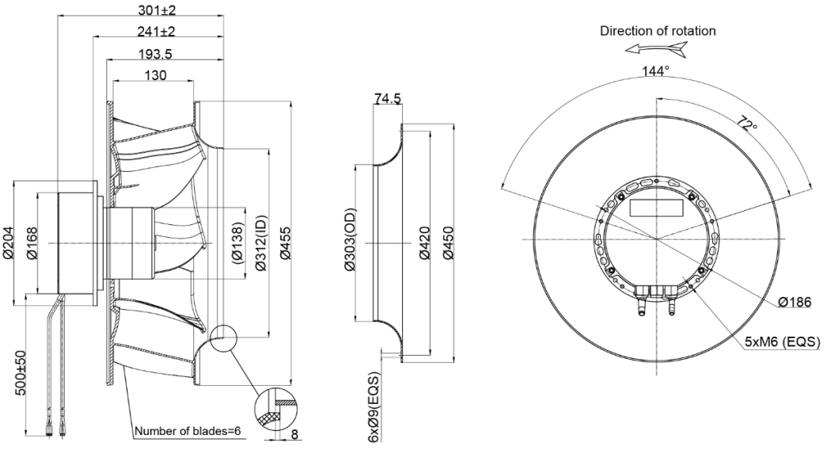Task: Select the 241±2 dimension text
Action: (156, 32)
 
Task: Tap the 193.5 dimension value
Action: (155, 54)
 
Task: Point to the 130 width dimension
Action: (155, 76)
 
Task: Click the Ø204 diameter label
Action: (7, 243)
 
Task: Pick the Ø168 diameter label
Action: (32, 243)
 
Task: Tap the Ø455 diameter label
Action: (285, 243)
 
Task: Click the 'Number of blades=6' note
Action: (188, 431)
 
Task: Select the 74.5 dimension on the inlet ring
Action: (388, 99)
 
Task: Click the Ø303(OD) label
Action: (351, 240)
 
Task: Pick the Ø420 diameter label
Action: (424, 243)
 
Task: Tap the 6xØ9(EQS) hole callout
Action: (374, 407)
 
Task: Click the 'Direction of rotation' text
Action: (658, 31)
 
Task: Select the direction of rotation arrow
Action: (656, 50)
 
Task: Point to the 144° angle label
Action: (656, 71)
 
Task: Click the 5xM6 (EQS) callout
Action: (782, 342)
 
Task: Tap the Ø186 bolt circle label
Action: (795, 303)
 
